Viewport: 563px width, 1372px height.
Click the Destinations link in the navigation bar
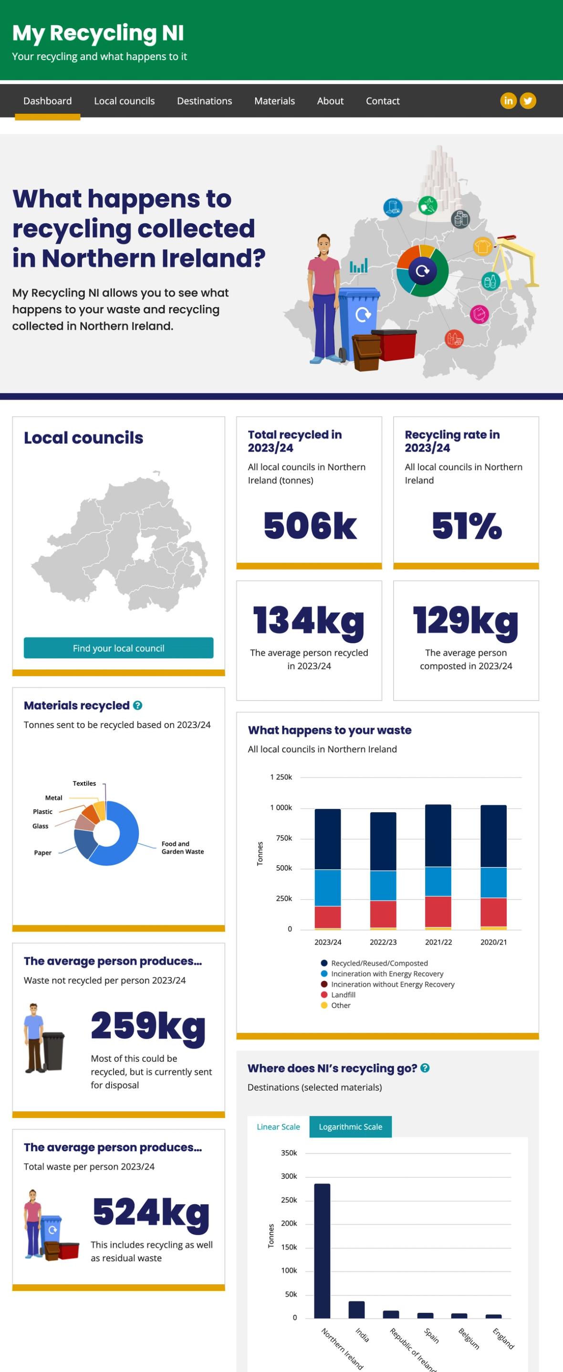(x=204, y=101)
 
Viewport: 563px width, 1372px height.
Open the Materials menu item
(x=274, y=101)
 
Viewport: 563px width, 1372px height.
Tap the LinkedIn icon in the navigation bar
(x=508, y=101)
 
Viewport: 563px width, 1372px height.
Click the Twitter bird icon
(x=528, y=101)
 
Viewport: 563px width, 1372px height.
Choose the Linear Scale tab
(x=278, y=1126)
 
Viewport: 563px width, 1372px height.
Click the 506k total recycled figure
(x=310, y=526)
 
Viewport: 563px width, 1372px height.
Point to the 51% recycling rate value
(x=467, y=526)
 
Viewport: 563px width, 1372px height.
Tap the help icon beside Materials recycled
(x=137, y=705)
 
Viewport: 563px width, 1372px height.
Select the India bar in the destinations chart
(x=356, y=1309)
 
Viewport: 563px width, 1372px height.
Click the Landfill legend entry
(x=343, y=994)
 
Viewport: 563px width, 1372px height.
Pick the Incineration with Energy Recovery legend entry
(x=386, y=974)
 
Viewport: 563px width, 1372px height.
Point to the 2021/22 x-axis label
(x=438, y=942)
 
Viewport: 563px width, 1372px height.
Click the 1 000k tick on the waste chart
(x=281, y=807)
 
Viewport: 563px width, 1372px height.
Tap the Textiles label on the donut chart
(x=84, y=783)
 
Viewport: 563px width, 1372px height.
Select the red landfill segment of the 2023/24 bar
(x=328, y=917)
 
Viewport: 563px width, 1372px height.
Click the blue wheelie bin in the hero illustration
(x=359, y=320)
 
